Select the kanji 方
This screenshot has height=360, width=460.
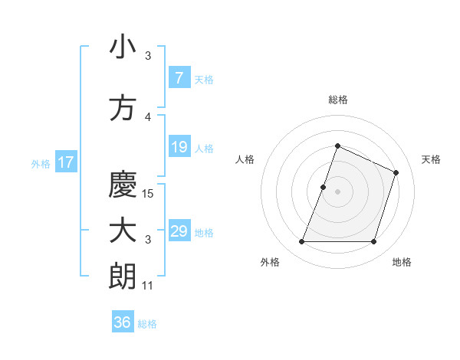123,108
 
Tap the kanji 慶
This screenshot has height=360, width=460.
123,184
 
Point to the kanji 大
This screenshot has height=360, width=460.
123,231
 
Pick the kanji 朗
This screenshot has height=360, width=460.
123,277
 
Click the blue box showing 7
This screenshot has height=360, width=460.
179,78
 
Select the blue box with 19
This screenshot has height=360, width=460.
179,147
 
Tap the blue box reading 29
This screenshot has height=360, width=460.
179,231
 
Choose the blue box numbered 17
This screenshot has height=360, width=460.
65,162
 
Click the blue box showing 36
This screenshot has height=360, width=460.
122,322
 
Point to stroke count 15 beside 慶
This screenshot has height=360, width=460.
149,194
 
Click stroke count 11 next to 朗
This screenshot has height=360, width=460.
147,286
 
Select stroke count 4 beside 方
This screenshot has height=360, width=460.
148,117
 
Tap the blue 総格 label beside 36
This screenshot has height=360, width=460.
147,324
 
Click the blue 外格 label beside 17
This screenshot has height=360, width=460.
40,163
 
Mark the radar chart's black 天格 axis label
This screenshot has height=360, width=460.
431,159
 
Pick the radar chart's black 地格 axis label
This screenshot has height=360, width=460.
402,262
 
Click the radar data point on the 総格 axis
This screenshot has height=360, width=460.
337,146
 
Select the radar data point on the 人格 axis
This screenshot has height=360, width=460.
324,187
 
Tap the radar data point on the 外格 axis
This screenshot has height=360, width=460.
301,242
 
